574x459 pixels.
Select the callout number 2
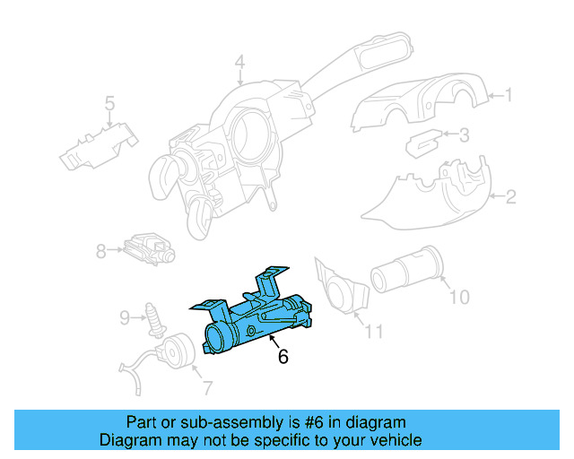tap(510, 197)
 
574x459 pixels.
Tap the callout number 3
tap(465, 136)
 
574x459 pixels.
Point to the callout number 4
tap(239, 62)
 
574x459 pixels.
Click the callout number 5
tap(109, 104)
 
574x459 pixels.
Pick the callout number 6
tap(283, 357)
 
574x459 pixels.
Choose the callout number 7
tap(207, 388)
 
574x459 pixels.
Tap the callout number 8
tap(101, 252)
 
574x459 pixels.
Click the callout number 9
tap(126, 316)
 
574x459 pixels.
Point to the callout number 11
tap(373, 332)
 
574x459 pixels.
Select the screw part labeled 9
tap(153, 315)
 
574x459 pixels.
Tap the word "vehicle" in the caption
tap(394, 440)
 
